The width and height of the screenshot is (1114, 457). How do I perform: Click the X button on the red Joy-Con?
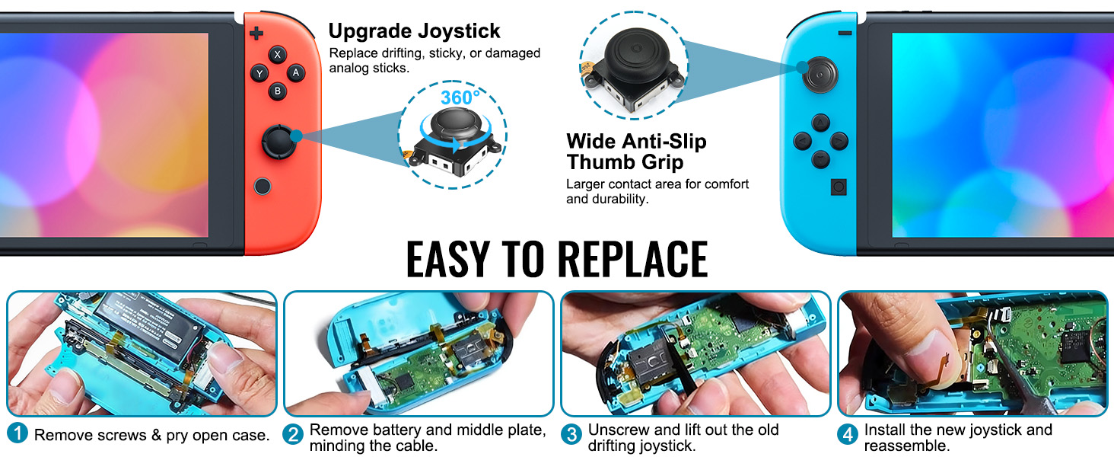278,55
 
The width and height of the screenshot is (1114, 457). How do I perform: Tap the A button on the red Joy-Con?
295,73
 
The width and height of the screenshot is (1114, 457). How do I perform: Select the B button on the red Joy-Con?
278,91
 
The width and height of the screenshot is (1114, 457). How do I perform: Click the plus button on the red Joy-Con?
257,33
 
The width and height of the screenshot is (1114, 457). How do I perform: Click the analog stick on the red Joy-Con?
277,141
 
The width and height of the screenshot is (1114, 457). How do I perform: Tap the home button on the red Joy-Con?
262,185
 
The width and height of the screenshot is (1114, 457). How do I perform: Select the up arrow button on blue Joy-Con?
820,123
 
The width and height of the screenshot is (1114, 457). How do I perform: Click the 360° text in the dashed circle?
460,97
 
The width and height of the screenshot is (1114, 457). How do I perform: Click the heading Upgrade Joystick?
414,31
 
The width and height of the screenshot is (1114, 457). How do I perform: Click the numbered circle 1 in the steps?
18,434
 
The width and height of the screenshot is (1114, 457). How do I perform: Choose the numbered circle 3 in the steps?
571,434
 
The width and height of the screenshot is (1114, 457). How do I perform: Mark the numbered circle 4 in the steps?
848,434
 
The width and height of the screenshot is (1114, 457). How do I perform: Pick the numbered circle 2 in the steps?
294,434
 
